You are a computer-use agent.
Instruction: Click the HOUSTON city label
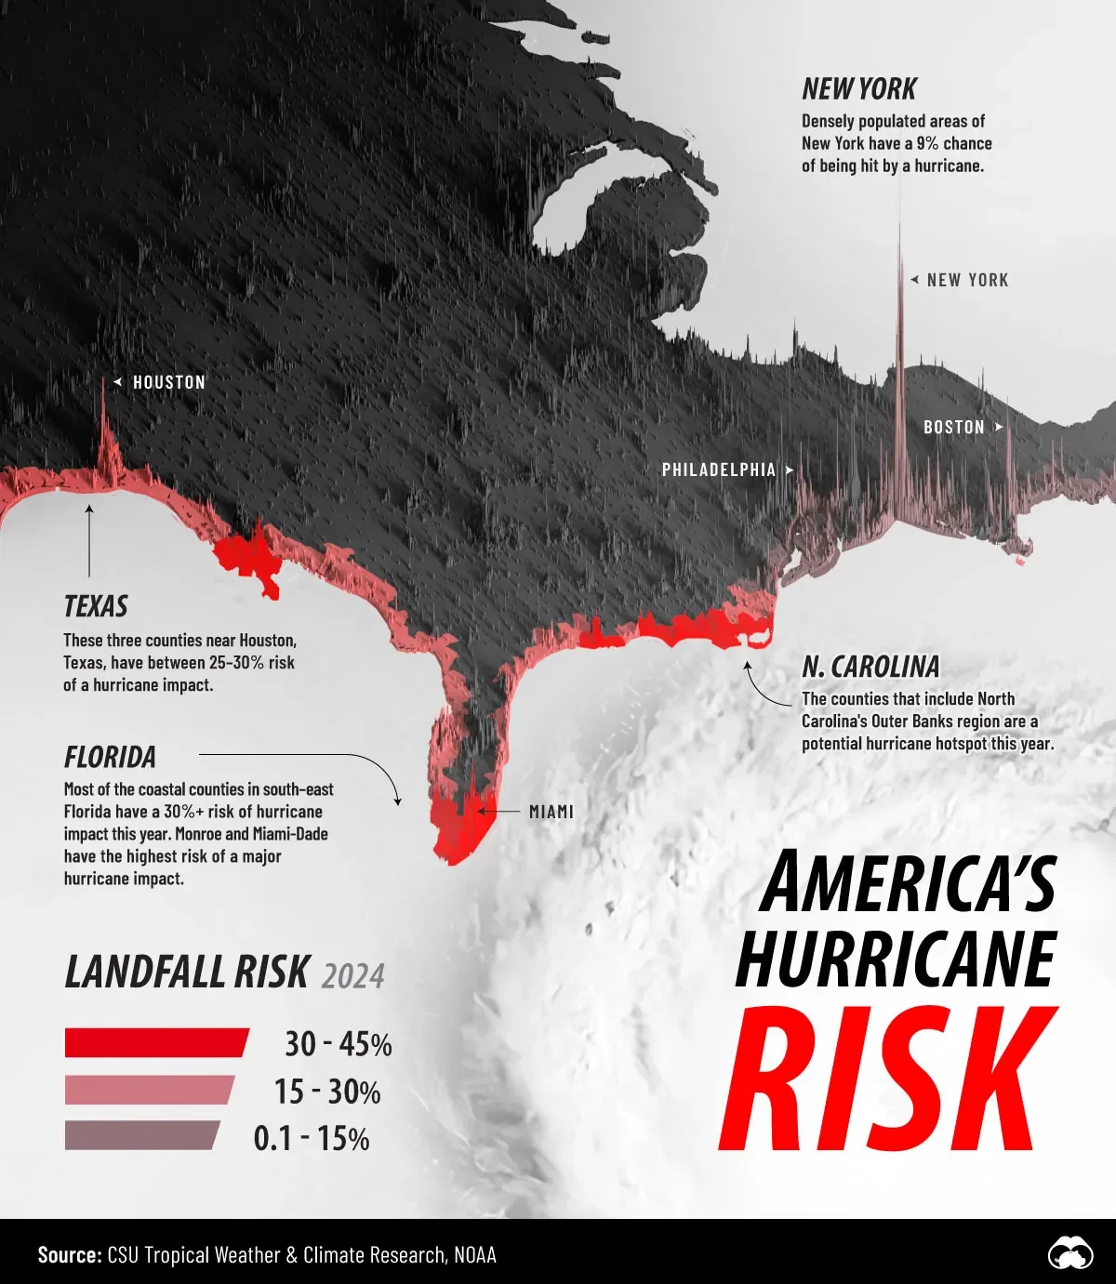pos(168,382)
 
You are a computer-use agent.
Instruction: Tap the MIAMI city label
pos(551,812)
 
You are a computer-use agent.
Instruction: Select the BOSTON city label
pos(953,427)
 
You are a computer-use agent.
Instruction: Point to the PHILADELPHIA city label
pos(719,470)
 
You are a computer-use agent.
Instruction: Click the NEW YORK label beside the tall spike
pos(967,280)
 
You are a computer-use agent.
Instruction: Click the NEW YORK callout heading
pos(858,89)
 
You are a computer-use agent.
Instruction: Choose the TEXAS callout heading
pos(96,606)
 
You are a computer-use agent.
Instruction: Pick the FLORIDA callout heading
pos(110,757)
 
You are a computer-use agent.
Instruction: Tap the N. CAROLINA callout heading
pos(870,667)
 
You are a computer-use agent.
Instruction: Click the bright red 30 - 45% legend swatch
pos(156,1042)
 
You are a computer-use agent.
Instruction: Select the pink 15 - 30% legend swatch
pos(149,1090)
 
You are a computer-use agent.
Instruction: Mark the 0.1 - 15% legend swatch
pos(141,1135)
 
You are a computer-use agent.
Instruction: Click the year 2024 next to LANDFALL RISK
pos(352,976)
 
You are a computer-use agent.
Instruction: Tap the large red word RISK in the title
pos(888,1080)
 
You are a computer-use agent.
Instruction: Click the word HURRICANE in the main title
pos(897,959)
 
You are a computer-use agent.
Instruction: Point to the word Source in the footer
pos(69,1255)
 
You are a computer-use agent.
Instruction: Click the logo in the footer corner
pos(1069,1254)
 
